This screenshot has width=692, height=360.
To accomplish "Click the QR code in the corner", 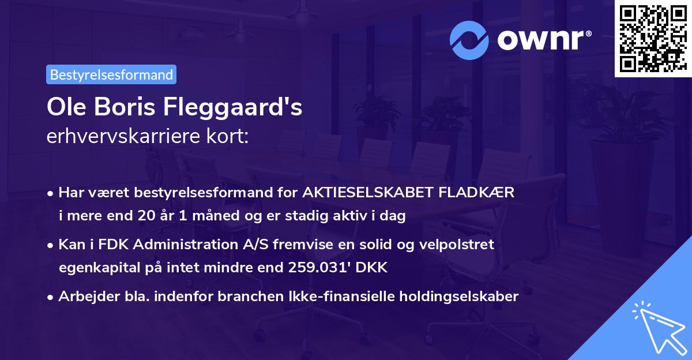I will coord(653,39).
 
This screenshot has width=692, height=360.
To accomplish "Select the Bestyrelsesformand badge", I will coord(111,74).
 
